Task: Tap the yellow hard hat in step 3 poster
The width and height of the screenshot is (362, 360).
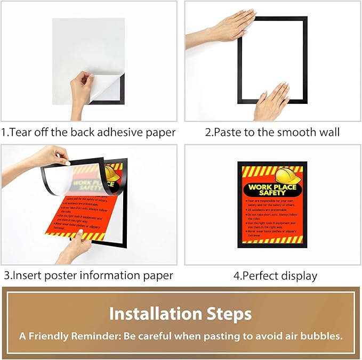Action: pyautogui.click(x=112, y=174)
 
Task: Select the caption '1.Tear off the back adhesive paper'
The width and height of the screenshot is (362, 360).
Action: pyautogui.click(x=89, y=132)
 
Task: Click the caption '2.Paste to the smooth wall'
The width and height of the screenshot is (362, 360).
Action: pyautogui.click(x=272, y=132)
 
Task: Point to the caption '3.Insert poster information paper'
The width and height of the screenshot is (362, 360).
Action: pyautogui.click(x=89, y=275)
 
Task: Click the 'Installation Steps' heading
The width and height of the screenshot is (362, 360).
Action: pyautogui.click(x=180, y=313)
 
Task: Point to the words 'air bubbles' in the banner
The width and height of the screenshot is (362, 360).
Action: pyautogui.click(x=315, y=337)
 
